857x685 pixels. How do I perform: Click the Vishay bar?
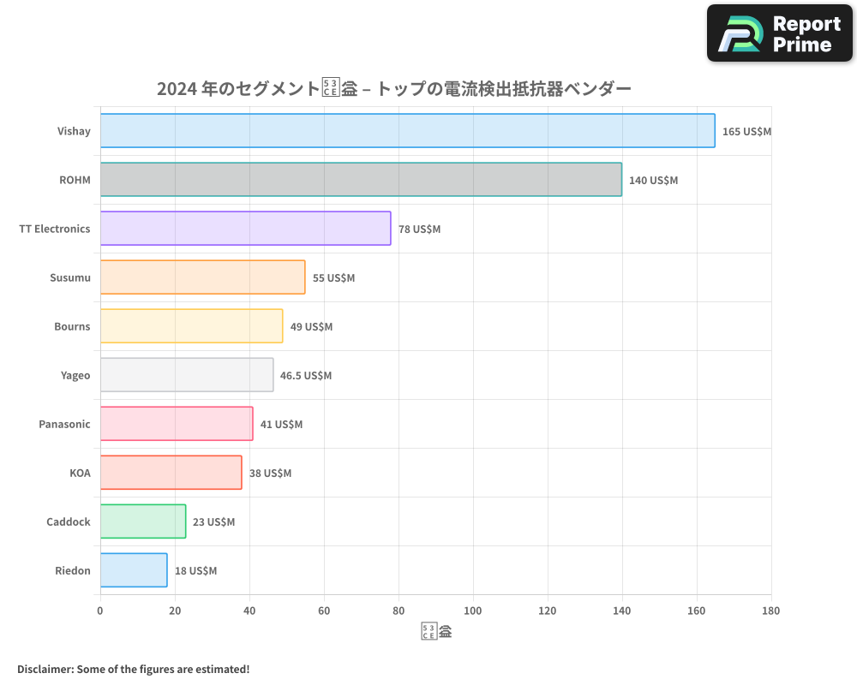click(407, 131)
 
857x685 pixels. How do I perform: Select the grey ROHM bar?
click(361, 180)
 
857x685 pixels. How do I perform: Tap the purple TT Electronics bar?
click(245, 229)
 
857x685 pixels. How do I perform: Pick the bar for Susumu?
click(202, 277)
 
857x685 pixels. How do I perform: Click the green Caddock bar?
click(143, 521)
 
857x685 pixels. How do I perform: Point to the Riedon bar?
click(134, 570)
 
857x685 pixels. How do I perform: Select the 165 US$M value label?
click(746, 132)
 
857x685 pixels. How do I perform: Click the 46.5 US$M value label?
click(306, 376)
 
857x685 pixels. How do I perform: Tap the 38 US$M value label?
click(270, 474)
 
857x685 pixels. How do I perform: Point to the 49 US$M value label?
click(311, 327)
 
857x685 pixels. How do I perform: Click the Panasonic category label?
click(64, 425)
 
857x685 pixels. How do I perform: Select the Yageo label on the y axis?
click(75, 376)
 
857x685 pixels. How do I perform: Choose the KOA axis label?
click(80, 474)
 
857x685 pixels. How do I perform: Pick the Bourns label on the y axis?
click(72, 327)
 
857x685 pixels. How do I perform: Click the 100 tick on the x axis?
click(473, 611)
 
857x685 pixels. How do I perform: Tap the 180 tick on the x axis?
click(770, 611)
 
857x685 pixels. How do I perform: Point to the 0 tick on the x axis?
click(100, 611)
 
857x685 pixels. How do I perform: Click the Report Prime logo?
click(780, 33)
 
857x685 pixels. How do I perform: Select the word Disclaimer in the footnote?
click(44, 670)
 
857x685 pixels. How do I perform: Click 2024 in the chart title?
click(176, 89)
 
